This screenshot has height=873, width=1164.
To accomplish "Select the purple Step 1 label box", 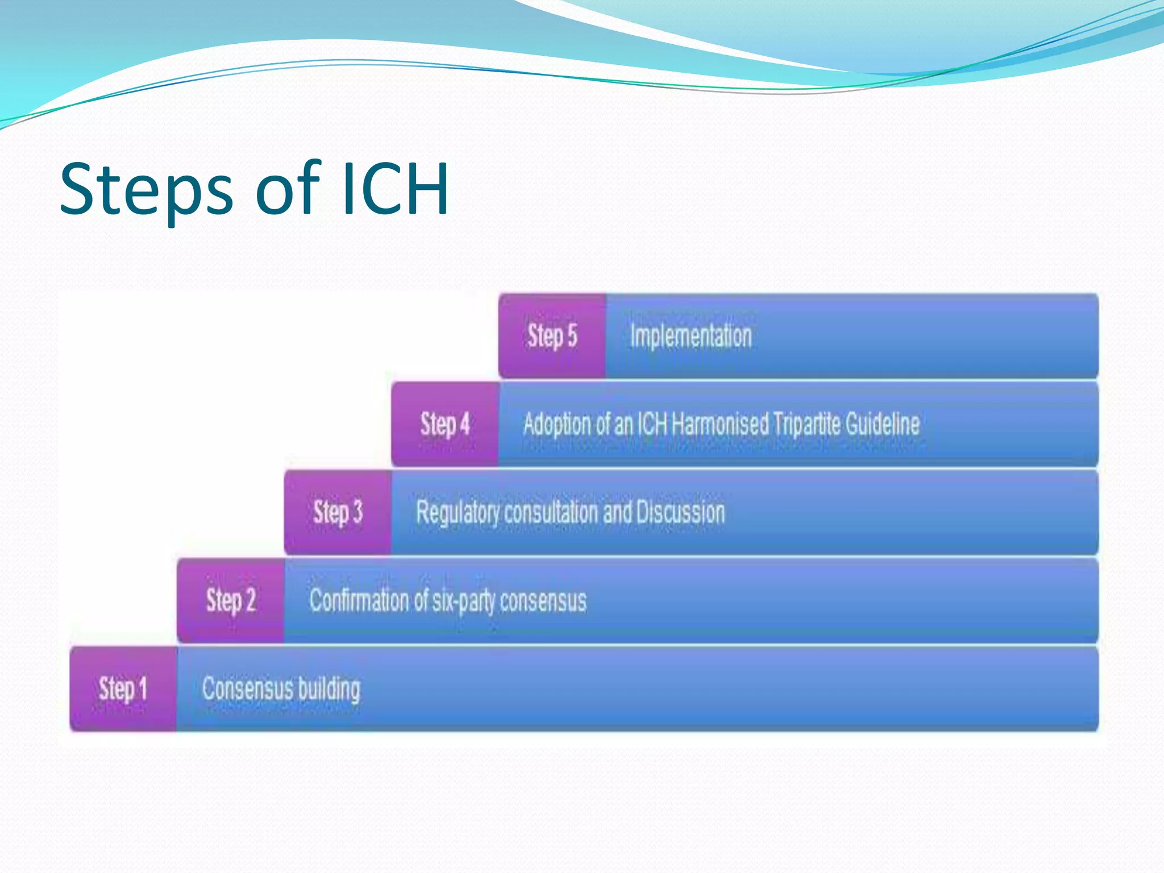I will click(x=123, y=688).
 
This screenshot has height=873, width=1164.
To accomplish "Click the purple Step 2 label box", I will click(x=230, y=600).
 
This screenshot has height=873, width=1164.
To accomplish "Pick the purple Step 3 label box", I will click(x=338, y=512).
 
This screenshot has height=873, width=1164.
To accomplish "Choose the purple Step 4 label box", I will click(x=445, y=424).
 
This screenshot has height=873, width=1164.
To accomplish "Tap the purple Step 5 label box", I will click(x=552, y=335).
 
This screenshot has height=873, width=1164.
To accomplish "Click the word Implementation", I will click(x=691, y=335).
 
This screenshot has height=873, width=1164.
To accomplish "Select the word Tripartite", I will click(x=807, y=424).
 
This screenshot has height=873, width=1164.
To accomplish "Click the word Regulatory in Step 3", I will click(x=458, y=513).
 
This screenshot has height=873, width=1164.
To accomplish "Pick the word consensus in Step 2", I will click(x=543, y=601).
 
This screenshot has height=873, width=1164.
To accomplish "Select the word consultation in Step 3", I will click(x=551, y=512).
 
